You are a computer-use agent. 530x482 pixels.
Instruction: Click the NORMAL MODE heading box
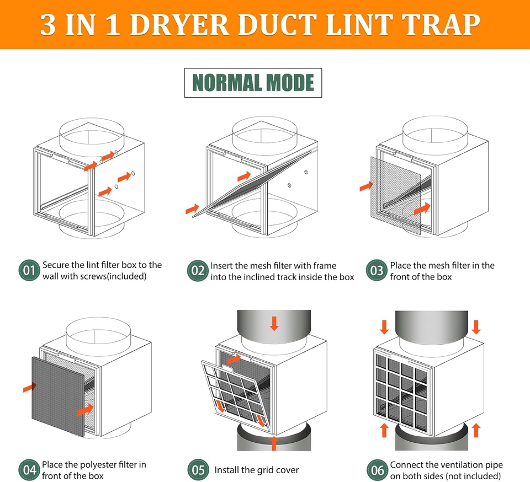(253, 83)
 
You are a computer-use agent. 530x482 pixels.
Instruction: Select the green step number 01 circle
(29, 270)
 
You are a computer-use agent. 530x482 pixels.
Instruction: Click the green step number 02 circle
(197, 271)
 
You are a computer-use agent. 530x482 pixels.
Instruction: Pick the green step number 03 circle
(377, 271)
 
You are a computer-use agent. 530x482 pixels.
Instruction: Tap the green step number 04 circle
(29, 470)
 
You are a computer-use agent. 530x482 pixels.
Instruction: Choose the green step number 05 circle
(197, 470)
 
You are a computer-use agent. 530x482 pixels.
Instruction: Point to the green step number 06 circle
(377, 470)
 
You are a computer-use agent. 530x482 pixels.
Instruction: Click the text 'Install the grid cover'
(257, 470)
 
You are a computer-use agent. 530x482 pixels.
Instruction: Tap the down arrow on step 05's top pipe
(274, 323)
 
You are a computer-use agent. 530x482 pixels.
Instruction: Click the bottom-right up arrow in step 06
(476, 430)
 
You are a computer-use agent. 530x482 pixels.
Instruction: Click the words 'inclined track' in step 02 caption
(271, 276)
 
